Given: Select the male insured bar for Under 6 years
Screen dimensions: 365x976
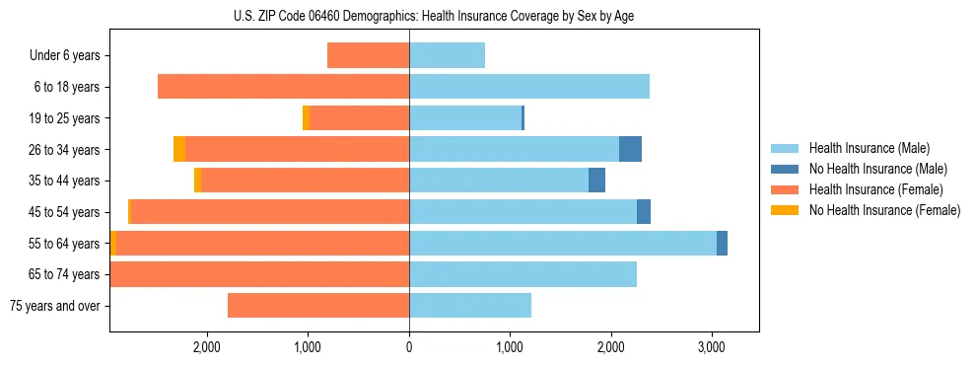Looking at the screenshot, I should coord(447,55).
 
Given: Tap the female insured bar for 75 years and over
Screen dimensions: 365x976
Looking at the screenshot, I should coord(317,306).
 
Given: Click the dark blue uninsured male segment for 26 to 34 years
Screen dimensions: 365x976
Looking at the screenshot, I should coord(630,149).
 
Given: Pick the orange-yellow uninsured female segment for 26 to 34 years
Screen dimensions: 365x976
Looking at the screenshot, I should coord(179,149).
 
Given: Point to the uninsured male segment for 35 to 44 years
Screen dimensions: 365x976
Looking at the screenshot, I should coord(596,181).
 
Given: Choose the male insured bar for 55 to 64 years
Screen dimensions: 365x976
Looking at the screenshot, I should coord(562,243).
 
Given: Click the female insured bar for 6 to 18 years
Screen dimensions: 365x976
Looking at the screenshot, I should coord(283,87).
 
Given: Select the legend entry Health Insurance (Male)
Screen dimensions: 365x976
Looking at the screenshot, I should coord(868,148).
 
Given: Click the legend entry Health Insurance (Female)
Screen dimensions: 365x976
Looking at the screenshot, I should coord(874,189).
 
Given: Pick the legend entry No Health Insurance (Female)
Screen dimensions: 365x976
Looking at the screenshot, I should coord(883,210).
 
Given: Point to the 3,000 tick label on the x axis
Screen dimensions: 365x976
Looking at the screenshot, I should coord(712,347).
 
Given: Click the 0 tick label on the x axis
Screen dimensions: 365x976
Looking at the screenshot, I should coord(409,347).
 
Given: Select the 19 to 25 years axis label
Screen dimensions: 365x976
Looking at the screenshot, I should coord(65,118).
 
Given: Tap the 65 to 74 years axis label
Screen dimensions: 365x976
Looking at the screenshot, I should coord(65,274).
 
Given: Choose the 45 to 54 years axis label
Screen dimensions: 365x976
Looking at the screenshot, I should coord(65,212).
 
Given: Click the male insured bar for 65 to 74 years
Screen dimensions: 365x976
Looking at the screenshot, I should coord(523,274).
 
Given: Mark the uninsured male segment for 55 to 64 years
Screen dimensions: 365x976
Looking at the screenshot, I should coord(722,243).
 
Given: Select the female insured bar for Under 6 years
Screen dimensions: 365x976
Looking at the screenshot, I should coord(368,55).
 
